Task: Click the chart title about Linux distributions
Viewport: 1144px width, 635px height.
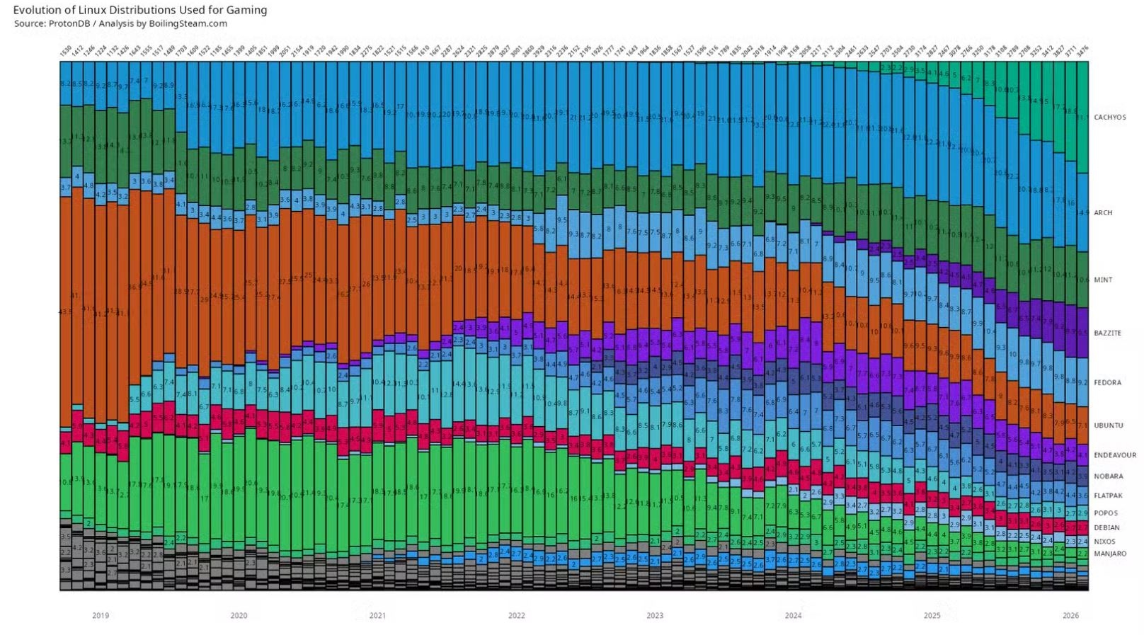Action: click(x=140, y=10)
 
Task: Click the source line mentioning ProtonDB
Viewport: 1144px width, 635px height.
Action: click(x=120, y=23)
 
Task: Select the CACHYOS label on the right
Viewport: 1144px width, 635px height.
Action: click(x=1109, y=118)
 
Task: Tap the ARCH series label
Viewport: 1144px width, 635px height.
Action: click(x=1103, y=212)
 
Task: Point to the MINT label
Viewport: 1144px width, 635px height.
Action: click(x=1103, y=280)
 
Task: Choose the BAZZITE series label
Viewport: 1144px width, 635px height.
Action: click(x=1107, y=333)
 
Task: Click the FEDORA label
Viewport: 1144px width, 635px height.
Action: click(x=1107, y=382)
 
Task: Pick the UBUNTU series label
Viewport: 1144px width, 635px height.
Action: click(x=1108, y=425)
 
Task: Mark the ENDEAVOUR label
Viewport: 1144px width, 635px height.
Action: click(x=1114, y=455)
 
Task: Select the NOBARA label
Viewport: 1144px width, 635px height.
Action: click(x=1108, y=476)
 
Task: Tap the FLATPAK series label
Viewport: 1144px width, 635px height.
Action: click(x=1108, y=496)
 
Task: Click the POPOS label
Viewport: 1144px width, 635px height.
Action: click(x=1106, y=513)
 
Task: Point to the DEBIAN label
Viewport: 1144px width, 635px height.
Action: click(x=1106, y=527)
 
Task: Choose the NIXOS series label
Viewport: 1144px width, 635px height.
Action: click(x=1104, y=542)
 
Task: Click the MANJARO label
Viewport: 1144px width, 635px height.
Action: click(x=1109, y=554)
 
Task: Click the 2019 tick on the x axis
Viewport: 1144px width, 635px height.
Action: click(x=101, y=616)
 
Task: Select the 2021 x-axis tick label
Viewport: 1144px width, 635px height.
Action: click(x=377, y=616)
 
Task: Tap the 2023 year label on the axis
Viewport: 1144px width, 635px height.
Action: click(x=655, y=616)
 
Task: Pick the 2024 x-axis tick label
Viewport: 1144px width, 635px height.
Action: click(x=793, y=616)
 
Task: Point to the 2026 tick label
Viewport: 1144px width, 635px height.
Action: click(x=1070, y=616)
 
